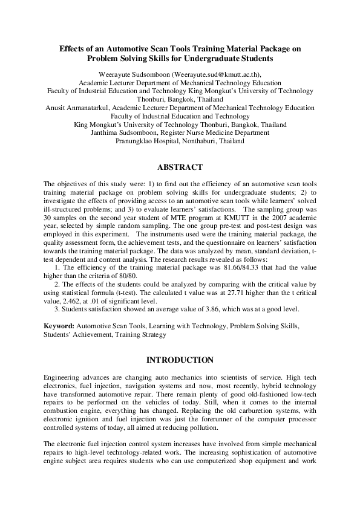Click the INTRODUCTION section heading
click(x=180, y=360)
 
